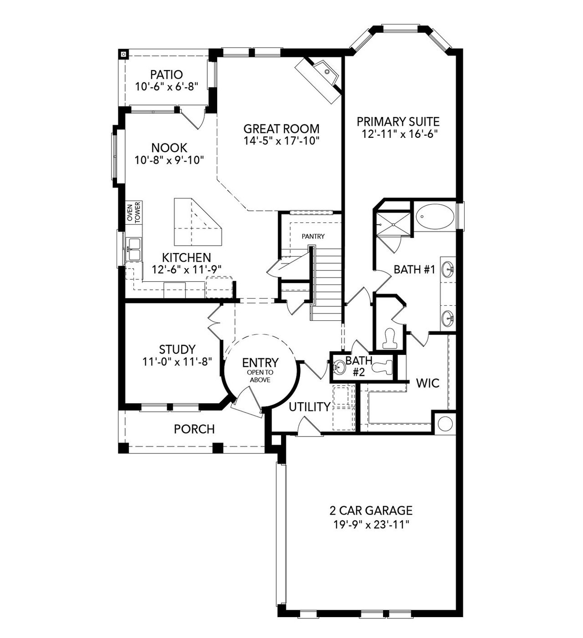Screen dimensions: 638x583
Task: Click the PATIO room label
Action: [166, 74]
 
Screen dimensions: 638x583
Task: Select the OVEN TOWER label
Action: [134, 212]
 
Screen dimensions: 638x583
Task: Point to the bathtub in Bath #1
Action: [435, 217]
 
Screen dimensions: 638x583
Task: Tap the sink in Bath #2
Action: [339, 366]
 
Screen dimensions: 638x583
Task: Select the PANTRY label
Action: [313, 236]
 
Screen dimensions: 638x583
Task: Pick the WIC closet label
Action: [428, 383]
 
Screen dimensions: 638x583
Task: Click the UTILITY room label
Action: [310, 407]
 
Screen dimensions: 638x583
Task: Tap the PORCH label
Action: [194, 429]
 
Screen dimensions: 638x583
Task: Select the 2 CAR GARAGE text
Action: [371, 510]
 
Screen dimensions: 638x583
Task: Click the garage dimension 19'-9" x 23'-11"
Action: [371, 524]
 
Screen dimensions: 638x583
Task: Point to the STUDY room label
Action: [177, 349]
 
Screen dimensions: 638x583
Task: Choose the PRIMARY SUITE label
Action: [398, 122]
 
